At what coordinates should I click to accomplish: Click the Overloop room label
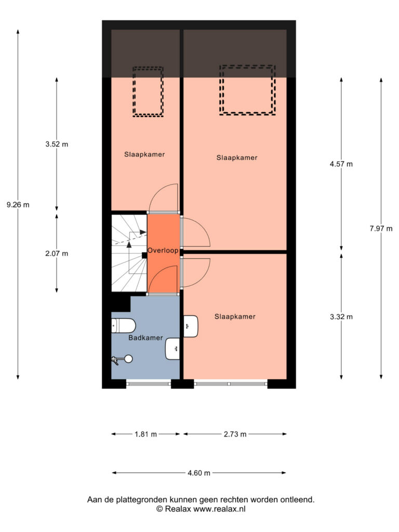click(x=163, y=250)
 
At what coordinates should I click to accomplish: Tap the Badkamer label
click(x=145, y=338)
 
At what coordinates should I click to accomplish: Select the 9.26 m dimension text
click(x=18, y=205)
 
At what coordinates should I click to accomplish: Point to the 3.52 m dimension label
click(x=57, y=144)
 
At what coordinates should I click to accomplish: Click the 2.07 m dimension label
click(x=57, y=254)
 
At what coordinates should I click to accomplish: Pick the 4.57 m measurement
click(x=341, y=164)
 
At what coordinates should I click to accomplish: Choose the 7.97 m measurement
click(x=381, y=229)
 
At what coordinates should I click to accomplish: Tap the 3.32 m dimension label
click(x=341, y=316)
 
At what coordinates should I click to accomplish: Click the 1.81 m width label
click(x=146, y=434)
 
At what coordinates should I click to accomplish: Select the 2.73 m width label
click(x=235, y=434)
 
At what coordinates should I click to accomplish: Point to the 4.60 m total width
click(x=199, y=473)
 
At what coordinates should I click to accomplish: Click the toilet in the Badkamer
click(x=124, y=326)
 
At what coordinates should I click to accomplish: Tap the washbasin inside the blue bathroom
click(x=172, y=349)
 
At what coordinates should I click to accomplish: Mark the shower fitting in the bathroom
click(x=122, y=360)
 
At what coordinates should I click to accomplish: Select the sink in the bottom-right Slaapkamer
click(x=191, y=326)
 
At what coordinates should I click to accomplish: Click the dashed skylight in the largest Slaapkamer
click(x=247, y=90)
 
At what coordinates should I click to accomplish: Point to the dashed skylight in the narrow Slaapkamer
click(x=148, y=91)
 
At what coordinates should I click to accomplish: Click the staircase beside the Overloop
click(x=129, y=253)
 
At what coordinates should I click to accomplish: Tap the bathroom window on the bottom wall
click(x=149, y=384)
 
